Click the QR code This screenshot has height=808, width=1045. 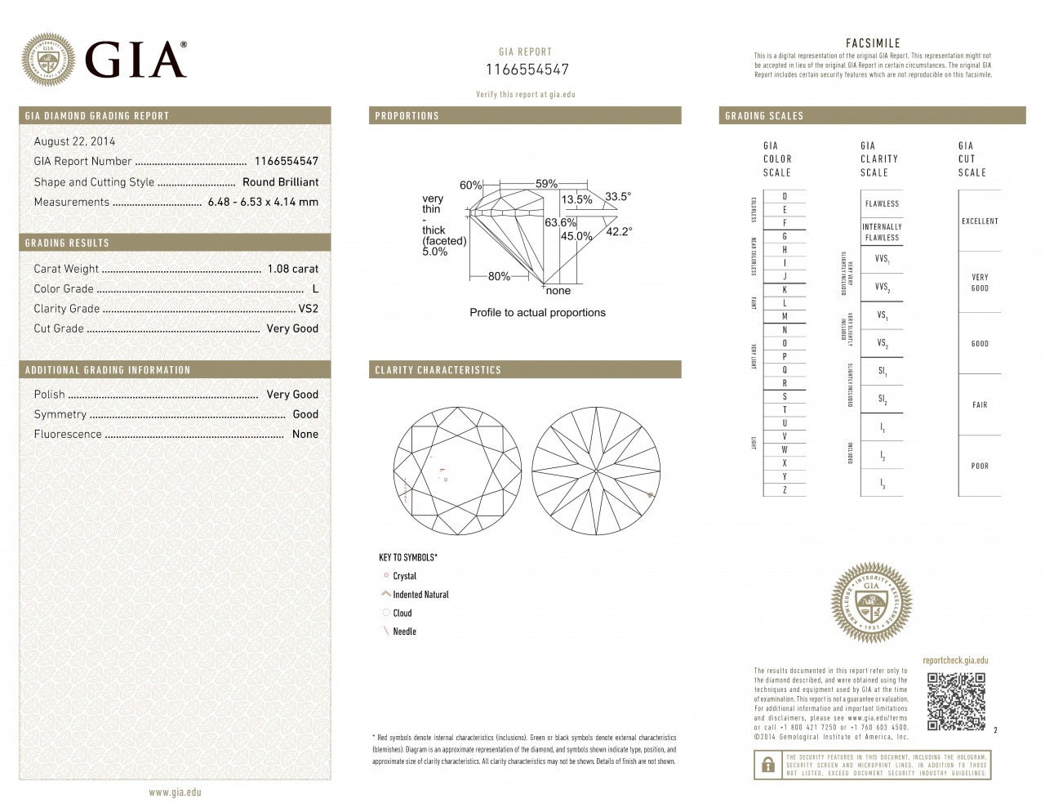point(956,702)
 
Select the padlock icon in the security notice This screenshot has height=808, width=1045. point(767,765)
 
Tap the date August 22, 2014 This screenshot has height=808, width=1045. point(74,141)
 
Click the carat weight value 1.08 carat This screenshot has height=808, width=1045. point(293,269)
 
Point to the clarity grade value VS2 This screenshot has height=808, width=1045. point(308,309)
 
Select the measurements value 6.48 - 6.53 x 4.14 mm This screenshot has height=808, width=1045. point(263,202)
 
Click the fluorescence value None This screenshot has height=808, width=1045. point(305,435)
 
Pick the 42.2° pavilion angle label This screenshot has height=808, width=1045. point(619,231)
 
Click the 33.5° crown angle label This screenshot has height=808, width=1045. point(618,196)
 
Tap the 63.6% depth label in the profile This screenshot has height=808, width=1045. point(560,222)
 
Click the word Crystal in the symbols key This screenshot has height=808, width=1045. point(404,576)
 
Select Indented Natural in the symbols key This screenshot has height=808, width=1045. point(420,595)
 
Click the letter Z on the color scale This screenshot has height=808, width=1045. point(785,490)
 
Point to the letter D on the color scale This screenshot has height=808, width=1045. point(785,197)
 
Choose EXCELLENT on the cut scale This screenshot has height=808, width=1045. point(980,221)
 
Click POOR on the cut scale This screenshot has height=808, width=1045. point(980,466)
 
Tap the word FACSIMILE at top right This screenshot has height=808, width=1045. point(873,43)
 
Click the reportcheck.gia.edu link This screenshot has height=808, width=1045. point(955,660)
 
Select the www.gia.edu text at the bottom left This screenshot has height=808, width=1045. point(175,792)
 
